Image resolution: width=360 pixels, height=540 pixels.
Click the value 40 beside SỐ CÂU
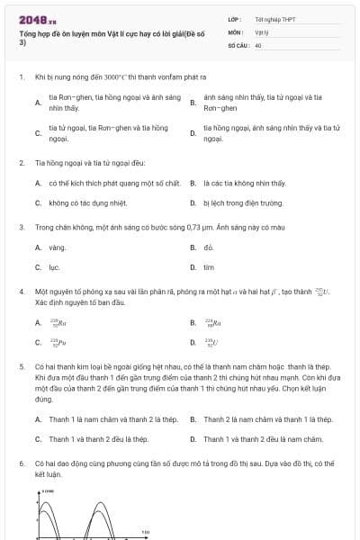(258, 43)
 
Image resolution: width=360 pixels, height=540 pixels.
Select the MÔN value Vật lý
(261, 31)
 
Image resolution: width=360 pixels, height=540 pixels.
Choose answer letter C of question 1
(38, 133)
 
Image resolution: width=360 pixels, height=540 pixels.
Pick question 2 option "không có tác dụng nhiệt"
(88, 203)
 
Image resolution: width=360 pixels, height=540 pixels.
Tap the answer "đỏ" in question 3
(209, 247)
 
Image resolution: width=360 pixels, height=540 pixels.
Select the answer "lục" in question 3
(54, 267)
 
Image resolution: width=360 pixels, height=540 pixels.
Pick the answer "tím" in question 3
(209, 267)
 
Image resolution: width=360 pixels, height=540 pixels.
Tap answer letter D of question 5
(193, 439)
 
